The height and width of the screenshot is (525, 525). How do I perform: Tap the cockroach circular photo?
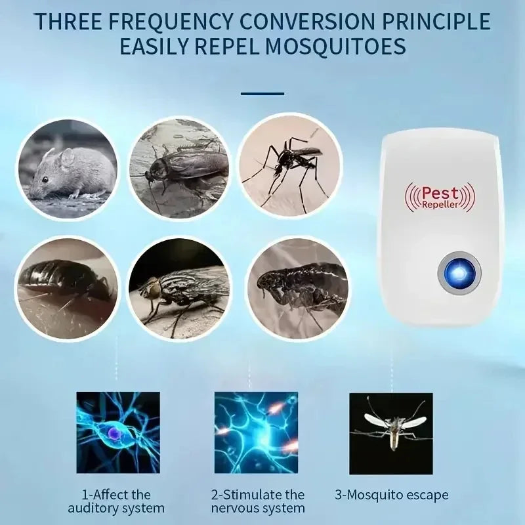(x=178, y=167)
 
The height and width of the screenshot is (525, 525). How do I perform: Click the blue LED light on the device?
(x=459, y=270)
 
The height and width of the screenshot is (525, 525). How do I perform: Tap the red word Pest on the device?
(x=440, y=192)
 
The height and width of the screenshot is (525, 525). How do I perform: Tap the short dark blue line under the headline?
(x=262, y=93)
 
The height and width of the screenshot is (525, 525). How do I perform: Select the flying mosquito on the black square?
(x=391, y=425)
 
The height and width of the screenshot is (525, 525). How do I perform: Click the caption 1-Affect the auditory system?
(x=117, y=501)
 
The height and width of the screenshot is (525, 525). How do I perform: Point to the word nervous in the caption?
(x=235, y=509)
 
